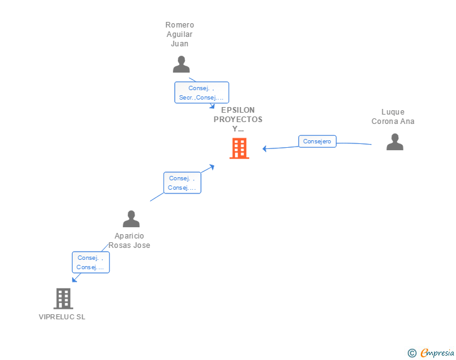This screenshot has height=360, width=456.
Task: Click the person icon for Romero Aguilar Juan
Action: click(181, 64)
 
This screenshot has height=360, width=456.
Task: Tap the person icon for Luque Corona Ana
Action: click(395, 142)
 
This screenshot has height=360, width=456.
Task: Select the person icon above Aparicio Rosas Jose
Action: click(131, 219)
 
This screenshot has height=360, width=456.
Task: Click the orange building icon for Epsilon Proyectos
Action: click(239, 148)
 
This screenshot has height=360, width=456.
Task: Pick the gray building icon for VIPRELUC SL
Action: click(63, 299)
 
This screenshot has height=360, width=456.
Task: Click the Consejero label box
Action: click(317, 141)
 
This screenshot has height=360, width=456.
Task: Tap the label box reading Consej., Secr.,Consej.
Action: click(201, 93)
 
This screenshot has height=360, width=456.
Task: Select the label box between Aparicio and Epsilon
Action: click(182, 183)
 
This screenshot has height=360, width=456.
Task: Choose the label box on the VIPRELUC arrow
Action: click(91, 262)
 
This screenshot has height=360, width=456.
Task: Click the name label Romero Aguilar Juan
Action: click(180, 34)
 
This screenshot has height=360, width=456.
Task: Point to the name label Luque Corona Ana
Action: click(393, 117)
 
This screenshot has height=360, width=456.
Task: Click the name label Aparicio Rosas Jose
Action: click(130, 240)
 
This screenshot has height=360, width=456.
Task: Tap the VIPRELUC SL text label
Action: click(62, 317)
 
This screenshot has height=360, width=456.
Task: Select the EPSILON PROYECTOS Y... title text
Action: click(238, 119)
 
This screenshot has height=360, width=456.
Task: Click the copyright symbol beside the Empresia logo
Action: click(412, 353)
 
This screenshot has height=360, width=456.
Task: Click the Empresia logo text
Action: click(437, 353)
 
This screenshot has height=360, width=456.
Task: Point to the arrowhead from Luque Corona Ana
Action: click(265, 148)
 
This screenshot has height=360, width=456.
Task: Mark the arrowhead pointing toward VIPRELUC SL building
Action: click(75, 279)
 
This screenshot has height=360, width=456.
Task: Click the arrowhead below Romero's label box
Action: click(212, 106)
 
